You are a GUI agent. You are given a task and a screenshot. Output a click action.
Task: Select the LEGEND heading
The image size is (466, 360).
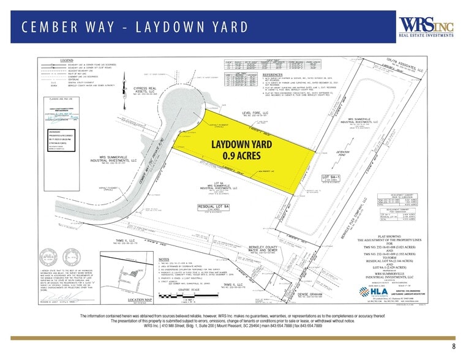click(67, 60)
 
